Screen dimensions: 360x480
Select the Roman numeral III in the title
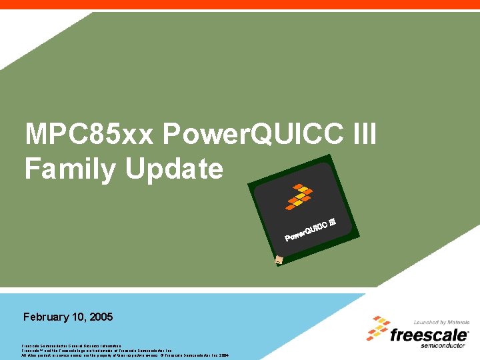(x=361, y=135)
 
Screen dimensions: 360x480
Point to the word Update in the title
(x=174, y=169)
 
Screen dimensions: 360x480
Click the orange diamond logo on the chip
(x=299, y=196)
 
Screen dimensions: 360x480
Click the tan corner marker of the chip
(x=279, y=261)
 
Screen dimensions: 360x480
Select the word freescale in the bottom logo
(x=429, y=335)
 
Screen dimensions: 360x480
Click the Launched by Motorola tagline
(x=441, y=323)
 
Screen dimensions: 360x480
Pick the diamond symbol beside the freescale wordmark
(x=378, y=329)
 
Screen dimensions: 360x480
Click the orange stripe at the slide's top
(x=240, y=4)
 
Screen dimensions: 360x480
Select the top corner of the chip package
(x=329, y=156)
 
